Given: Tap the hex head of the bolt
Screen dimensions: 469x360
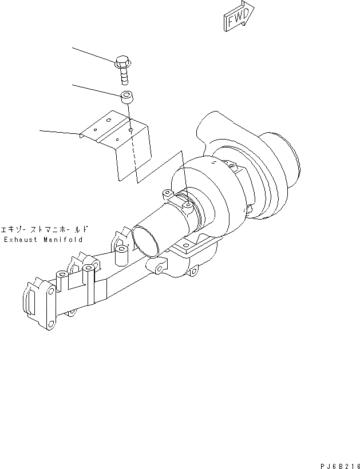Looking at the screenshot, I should (122, 60).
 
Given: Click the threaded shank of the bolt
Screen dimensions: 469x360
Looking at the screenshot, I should (124, 74).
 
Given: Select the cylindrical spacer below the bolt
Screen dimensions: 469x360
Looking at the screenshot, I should (126, 96).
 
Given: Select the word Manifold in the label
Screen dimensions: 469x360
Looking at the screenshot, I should (63, 240).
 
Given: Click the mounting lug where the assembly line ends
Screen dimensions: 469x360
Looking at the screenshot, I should (187, 202).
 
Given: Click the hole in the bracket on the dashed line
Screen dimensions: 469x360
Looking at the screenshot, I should (131, 130).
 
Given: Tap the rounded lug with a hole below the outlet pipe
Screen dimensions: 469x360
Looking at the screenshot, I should (157, 266).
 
